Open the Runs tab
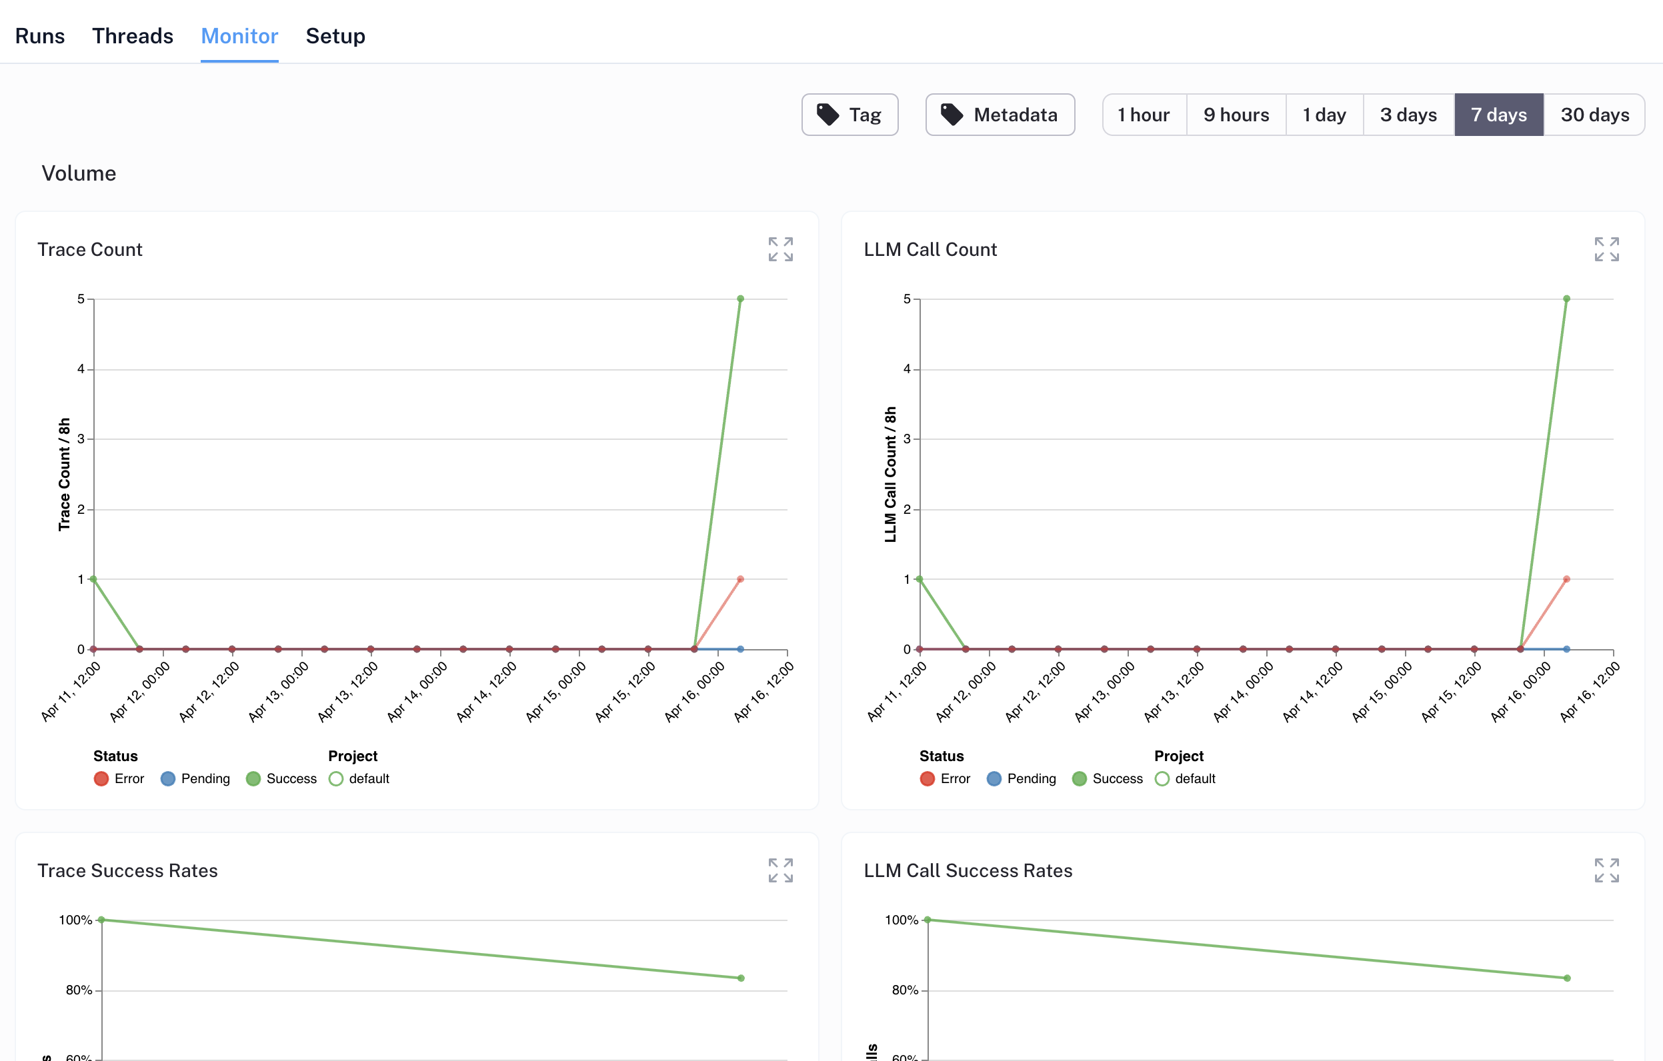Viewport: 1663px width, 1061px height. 40,36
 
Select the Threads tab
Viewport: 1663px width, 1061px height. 133,36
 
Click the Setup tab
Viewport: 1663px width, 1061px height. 335,36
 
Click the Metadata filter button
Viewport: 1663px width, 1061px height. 1000,115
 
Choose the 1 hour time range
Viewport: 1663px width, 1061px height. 1143,115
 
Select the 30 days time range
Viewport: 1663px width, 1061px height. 1594,115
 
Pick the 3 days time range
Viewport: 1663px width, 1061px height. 1408,115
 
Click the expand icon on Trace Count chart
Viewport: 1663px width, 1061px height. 780,249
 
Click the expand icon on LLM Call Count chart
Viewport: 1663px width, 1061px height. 1606,249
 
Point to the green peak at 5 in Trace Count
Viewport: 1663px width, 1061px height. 740,299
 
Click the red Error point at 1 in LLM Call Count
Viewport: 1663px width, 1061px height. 1566,579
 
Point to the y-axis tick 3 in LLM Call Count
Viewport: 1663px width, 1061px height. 907,439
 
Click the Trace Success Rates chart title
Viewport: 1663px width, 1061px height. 127,870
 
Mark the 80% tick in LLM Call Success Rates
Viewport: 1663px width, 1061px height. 905,990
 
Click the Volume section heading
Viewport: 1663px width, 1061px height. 79,173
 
